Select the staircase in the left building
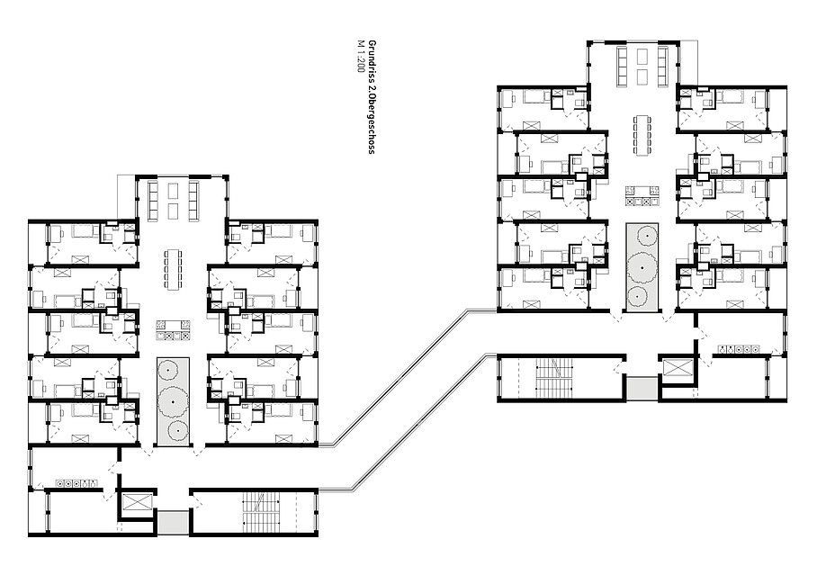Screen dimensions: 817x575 coord(261,512)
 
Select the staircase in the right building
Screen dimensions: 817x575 coord(554,378)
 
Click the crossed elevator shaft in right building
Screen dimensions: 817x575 coord(677,369)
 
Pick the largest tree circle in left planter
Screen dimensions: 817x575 coord(173,402)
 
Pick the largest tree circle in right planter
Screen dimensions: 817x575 coord(642,267)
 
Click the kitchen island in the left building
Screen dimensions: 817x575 coord(174,331)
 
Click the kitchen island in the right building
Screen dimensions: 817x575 coord(642,196)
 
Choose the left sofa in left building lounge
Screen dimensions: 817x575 coord(154,200)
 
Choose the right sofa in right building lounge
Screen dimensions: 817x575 coord(663,67)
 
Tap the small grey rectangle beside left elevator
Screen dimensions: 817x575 coord(173,522)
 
